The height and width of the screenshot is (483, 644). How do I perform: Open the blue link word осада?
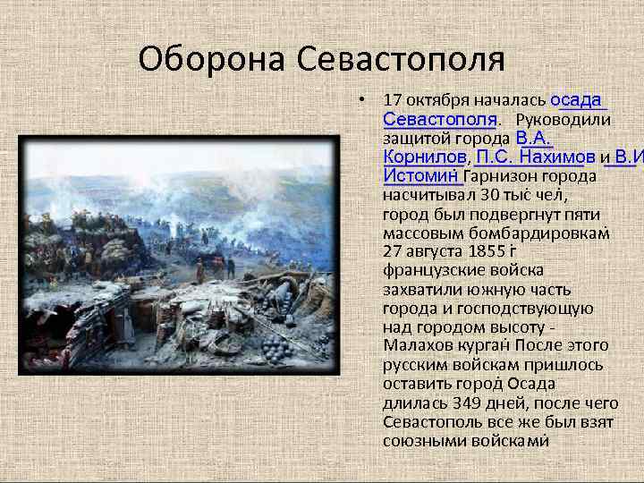[x=578, y=99]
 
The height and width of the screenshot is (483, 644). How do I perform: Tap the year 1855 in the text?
[x=488, y=251]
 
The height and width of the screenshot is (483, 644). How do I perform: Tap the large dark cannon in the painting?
[x=282, y=295]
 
